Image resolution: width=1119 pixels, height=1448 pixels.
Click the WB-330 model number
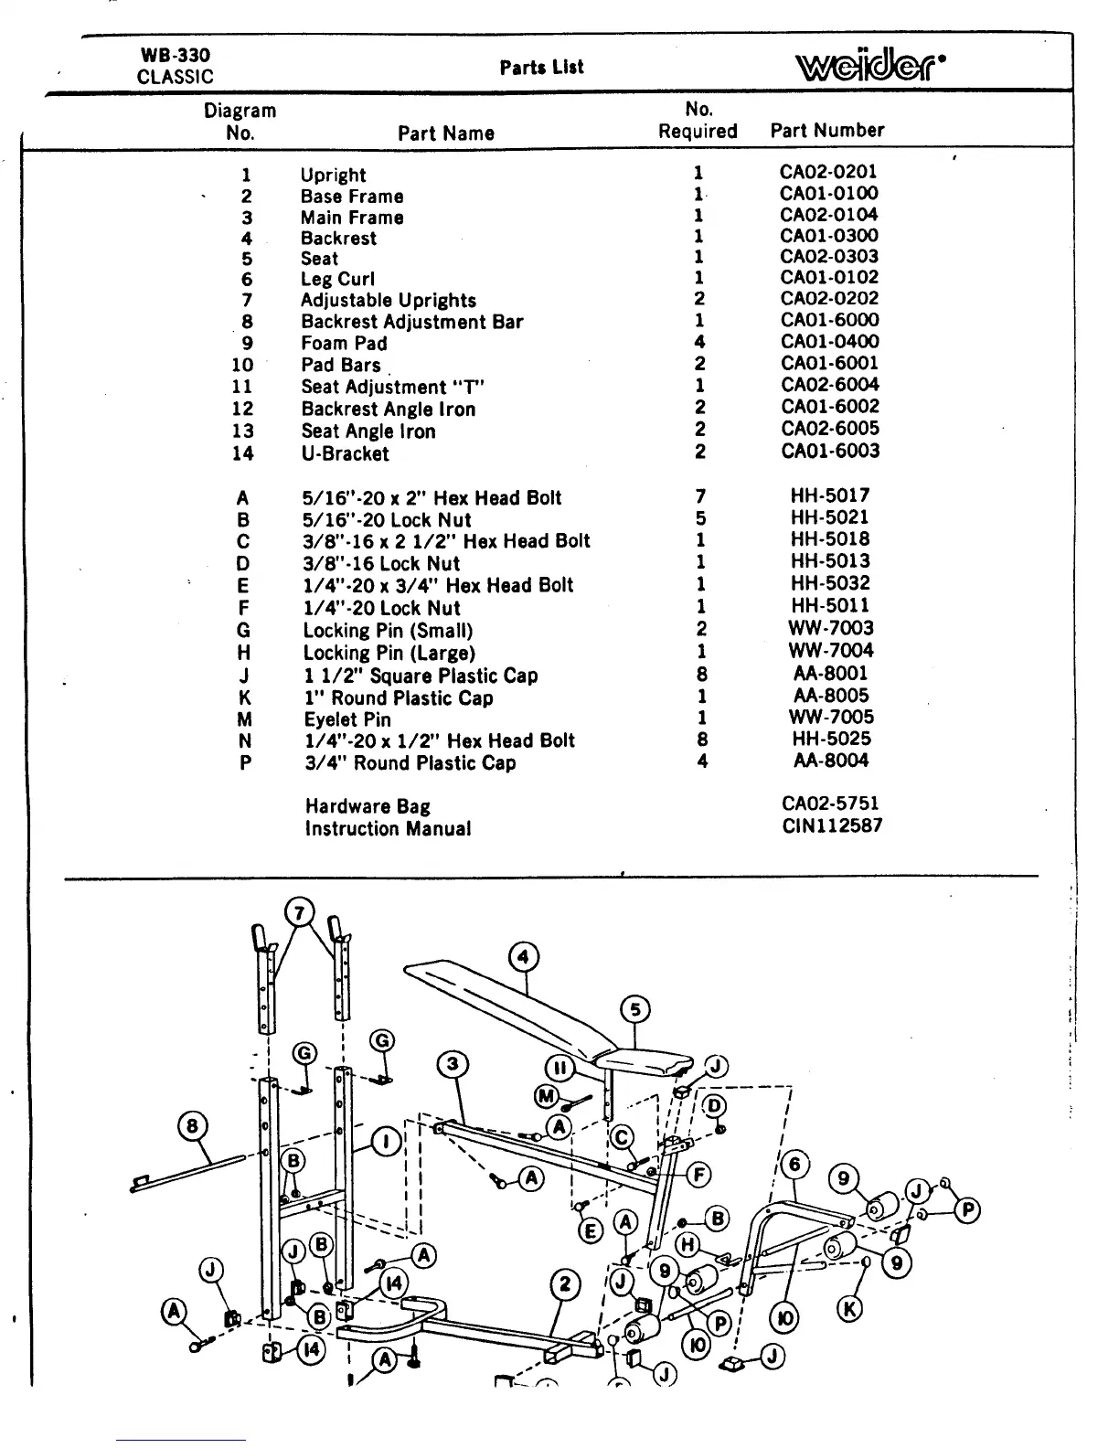[x=175, y=55]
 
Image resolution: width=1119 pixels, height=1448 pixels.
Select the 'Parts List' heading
[x=541, y=67]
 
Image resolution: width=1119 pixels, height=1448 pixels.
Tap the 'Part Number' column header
[x=827, y=131]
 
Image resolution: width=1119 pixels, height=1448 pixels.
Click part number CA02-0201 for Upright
[x=828, y=171]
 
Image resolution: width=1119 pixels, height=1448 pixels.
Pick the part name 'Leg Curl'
[x=337, y=280]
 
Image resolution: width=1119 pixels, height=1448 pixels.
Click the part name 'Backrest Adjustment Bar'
[x=412, y=322]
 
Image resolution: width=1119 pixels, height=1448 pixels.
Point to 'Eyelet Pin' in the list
[x=347, y=719]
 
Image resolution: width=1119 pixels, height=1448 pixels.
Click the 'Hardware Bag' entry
[x=368, y=806]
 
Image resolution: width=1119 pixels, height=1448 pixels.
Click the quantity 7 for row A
[x=700, y=496]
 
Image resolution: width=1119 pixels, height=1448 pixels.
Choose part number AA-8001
[x=831, y=673]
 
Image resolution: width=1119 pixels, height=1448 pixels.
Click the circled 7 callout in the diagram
[x=300, y=912]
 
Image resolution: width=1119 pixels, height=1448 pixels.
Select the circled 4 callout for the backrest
[x=523, y=957]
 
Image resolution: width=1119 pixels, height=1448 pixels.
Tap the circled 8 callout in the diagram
[x=193, y=1125]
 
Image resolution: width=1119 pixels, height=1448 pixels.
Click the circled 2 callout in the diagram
[x=565, y=1284]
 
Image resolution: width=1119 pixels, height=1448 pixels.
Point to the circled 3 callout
[x=453, y=1065]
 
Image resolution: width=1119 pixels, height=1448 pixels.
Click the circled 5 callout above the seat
[x=635, y=1010]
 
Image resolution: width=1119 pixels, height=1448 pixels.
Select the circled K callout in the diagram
[x=849, y=1309]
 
